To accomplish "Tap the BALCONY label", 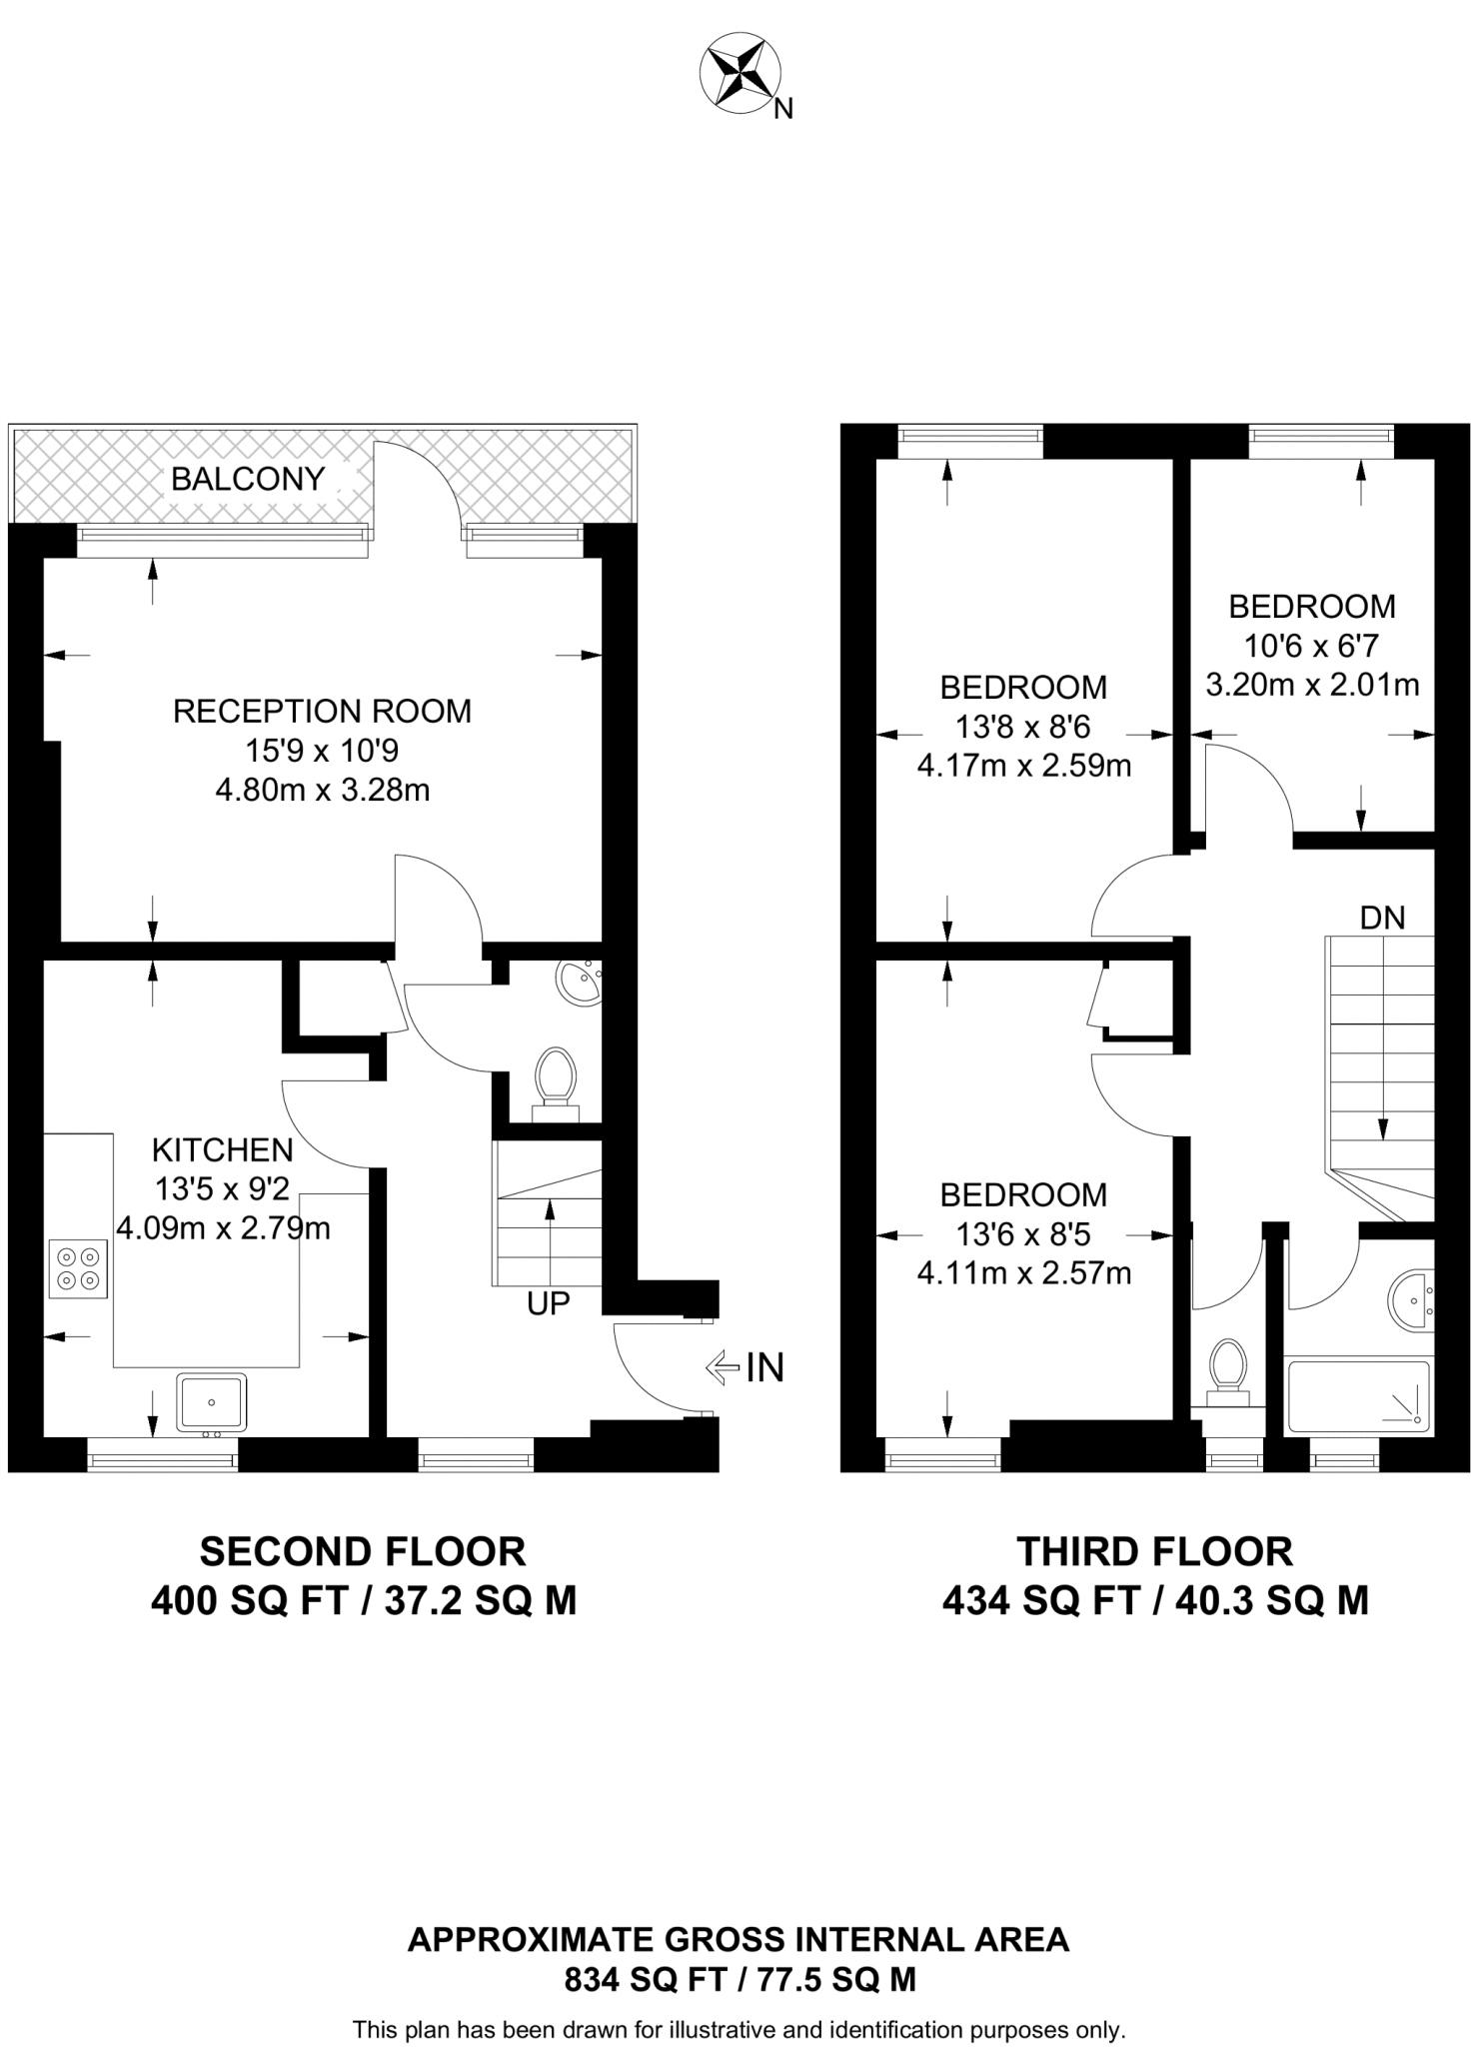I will pyautogui.click(x=248, y=479).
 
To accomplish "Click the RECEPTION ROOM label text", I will pyautogui.click(x=322, y=711).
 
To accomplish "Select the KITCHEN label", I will pyautogui.click(x=222, y=1149).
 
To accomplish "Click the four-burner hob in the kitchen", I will pyautogui.click(x=79, y=1268).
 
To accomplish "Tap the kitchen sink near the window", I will pyautogui.click(x=212, y=1401).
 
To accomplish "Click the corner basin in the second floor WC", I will pyautogui.click(x=581, y=984).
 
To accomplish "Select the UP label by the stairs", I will pyautogui.click(x=548, y=1303).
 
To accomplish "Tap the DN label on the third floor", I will pyautogui.click(x=1382, y=917).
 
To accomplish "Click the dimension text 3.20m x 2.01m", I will pyautogui.click(x=1312, y=685).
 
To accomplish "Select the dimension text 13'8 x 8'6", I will pyautogui.click(x=1023, y=727).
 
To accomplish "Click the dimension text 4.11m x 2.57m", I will pyautogui.click(x=1023, y=1273).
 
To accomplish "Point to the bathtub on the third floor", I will pyautogui.click(x=1357, y=1396).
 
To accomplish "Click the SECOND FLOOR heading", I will pyautogui.click(x=362, y=1551).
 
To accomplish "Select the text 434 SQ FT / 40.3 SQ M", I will pyautogui.click(x=1154, y=1601).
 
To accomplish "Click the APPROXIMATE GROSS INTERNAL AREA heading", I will pyautogui.click(x=739, y=1939).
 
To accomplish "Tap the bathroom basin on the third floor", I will pyautogui.click(x=1411, y=1300).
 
